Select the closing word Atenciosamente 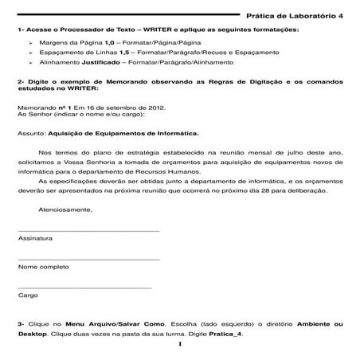tap(65, 209)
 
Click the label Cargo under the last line tap(27, 295)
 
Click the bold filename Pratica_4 tap(225, 335)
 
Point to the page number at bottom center tap(180, 344)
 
